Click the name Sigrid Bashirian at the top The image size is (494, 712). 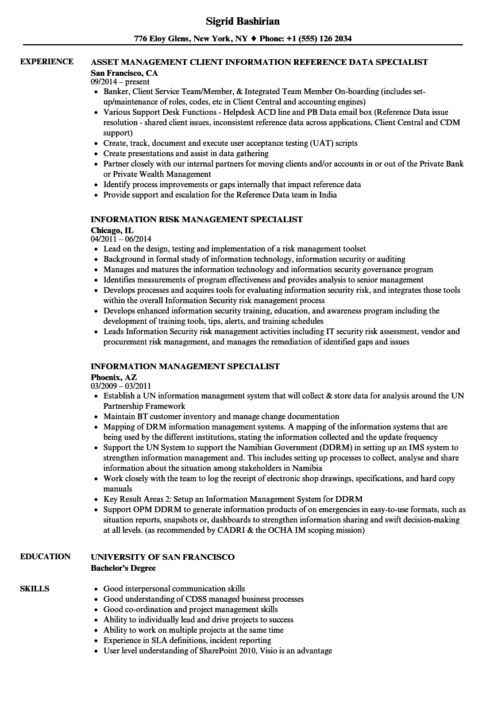coord(243,21)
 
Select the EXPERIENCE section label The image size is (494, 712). coord(47,61)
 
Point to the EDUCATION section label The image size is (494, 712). coord(45,556)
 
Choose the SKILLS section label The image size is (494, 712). coord(34,589)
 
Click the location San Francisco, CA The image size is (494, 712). coord(124,73)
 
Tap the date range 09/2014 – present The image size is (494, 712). coord(120,82)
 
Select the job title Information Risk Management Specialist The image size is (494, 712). coord(196,219)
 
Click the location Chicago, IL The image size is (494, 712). coord(112,230)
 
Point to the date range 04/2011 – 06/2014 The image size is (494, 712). coord(121,239)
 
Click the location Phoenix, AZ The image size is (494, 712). coord(114,377)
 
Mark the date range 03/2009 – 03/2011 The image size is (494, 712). coord(121,386)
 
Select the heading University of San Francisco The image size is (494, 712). coord(163,556)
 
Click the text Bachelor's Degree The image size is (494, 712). coord(123,568)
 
